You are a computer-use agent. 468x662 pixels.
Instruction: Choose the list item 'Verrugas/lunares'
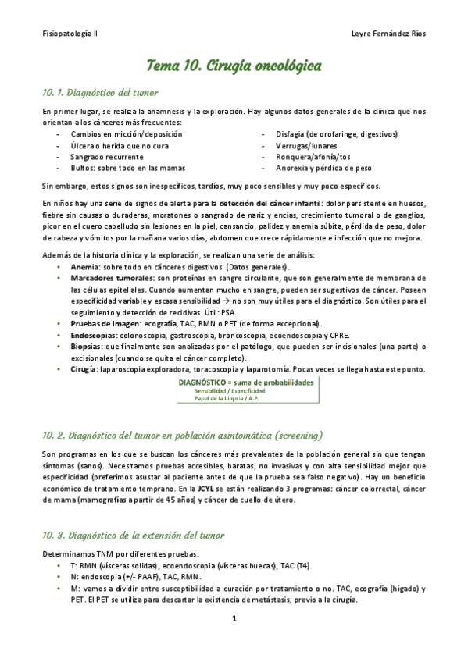point(303,145)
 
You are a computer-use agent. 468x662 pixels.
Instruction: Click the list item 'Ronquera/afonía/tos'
point(308,156)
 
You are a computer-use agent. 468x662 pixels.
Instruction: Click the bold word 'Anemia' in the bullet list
point(84,266)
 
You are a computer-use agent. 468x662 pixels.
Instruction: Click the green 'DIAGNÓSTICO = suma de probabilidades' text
point(245,383)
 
